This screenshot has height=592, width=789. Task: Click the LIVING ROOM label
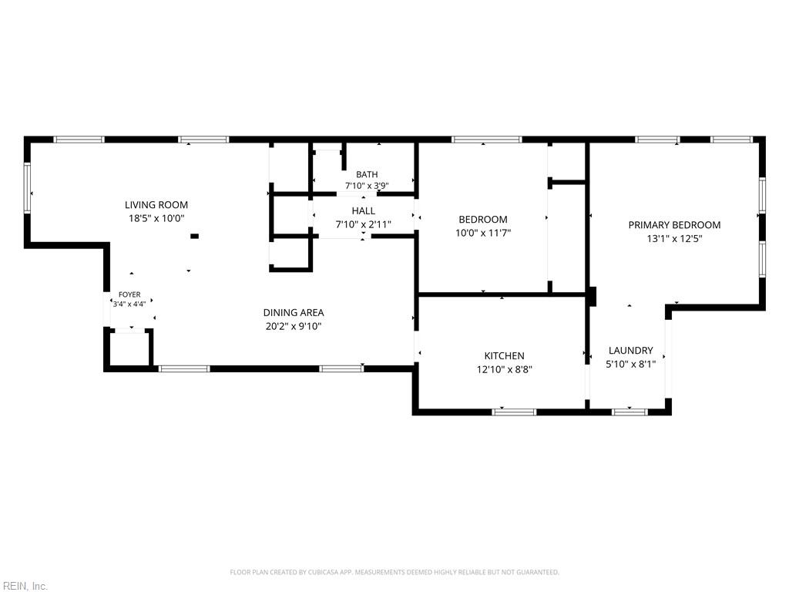pos(156,205)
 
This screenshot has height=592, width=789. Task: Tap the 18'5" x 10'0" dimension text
pos(156,218)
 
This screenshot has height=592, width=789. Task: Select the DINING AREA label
pos(294,313)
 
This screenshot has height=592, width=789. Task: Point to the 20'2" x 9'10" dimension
pos(294,326)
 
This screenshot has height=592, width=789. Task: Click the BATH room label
pos(367,174)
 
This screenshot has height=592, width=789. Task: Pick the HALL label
pos(364,211)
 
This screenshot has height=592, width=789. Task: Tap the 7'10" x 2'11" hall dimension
pos(364,224)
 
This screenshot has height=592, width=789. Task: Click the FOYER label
pos(129,294)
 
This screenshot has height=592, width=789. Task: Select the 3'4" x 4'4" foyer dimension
pos(129,304)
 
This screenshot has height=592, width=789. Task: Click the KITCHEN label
pos(504,356)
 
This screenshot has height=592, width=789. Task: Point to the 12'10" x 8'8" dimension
pos(504,369)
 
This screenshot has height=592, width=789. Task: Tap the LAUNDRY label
pos(630,351)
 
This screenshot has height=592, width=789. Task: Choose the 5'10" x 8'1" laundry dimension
pos(630,364)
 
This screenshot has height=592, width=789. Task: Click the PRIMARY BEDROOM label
pos(674,225)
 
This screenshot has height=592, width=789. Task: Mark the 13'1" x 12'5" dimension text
pos(674,239)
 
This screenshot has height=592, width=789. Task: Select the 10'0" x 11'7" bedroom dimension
pos(483,233)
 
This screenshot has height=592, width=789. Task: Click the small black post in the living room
pos(194,236)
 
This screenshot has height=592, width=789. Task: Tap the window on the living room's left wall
pos(27,188)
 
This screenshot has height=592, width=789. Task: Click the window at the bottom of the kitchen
pos(514,412)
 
